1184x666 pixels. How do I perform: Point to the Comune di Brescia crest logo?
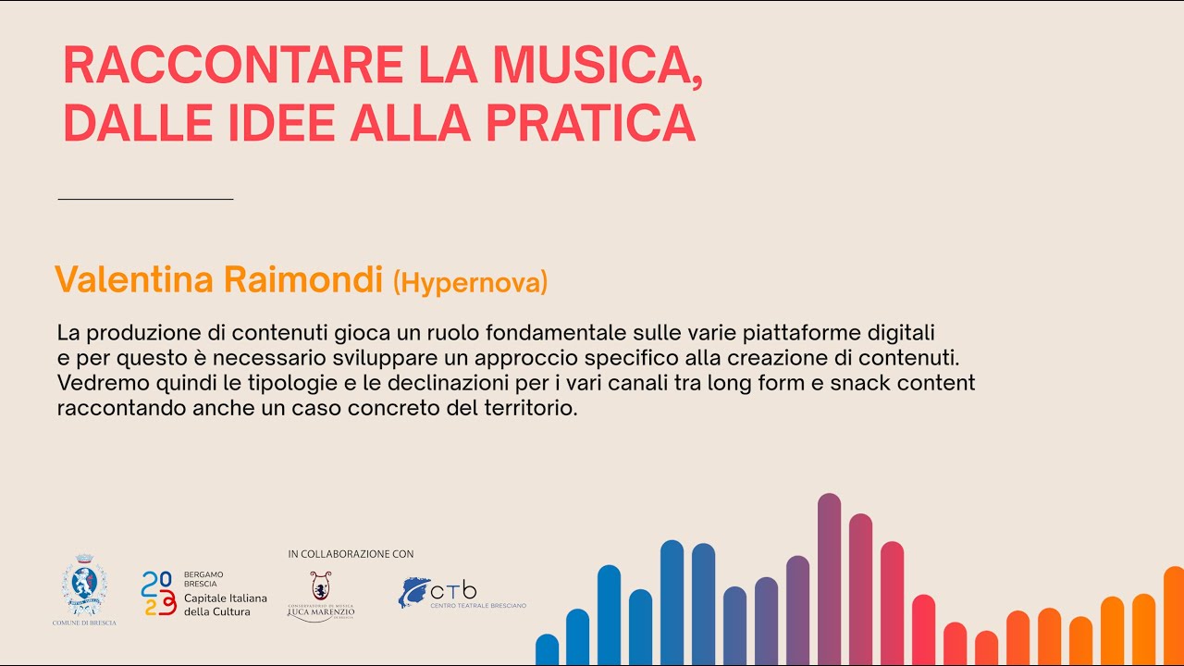(84, 587)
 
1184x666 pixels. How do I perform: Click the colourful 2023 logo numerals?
(158, 593)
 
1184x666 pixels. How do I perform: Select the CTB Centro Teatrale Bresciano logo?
(462, 593)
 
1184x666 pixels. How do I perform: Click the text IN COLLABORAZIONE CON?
(351, 554)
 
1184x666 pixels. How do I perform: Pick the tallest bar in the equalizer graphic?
(829, 578)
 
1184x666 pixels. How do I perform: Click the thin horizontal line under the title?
(145, 199)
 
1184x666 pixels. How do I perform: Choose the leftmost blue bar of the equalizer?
(548, 649)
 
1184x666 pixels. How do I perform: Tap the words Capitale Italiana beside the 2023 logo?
(225, 598)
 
